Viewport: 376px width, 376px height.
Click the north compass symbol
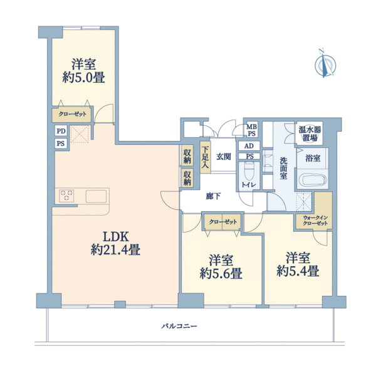[x=325, y=65]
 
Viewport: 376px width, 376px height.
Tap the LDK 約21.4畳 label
[x=115, y=243]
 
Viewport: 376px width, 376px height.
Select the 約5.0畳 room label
[x=83, y=71]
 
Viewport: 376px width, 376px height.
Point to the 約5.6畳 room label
[x=221, y=267]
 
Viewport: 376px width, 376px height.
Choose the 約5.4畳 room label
[x=298, y=264]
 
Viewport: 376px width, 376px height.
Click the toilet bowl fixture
[x=249, y=170]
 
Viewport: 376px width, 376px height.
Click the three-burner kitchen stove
[x=66, y=196]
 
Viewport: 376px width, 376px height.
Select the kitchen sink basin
[x=96, y=196]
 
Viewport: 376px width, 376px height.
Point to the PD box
[x=61, y=131]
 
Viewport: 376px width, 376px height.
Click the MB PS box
[x=251, y=130]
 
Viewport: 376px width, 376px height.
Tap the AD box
[x=249, y=146]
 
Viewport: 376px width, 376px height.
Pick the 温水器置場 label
[x=310, y=134]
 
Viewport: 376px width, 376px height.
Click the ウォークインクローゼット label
[x=315, y=221]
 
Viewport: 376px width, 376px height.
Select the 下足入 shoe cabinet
[x=206, y=157]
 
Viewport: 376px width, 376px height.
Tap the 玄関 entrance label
[x=224, y=157]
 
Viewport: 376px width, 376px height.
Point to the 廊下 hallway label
[x=214, y=196]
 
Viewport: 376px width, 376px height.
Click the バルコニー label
[x=179, y=326]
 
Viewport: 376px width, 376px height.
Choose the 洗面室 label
[x=283, y=169]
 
